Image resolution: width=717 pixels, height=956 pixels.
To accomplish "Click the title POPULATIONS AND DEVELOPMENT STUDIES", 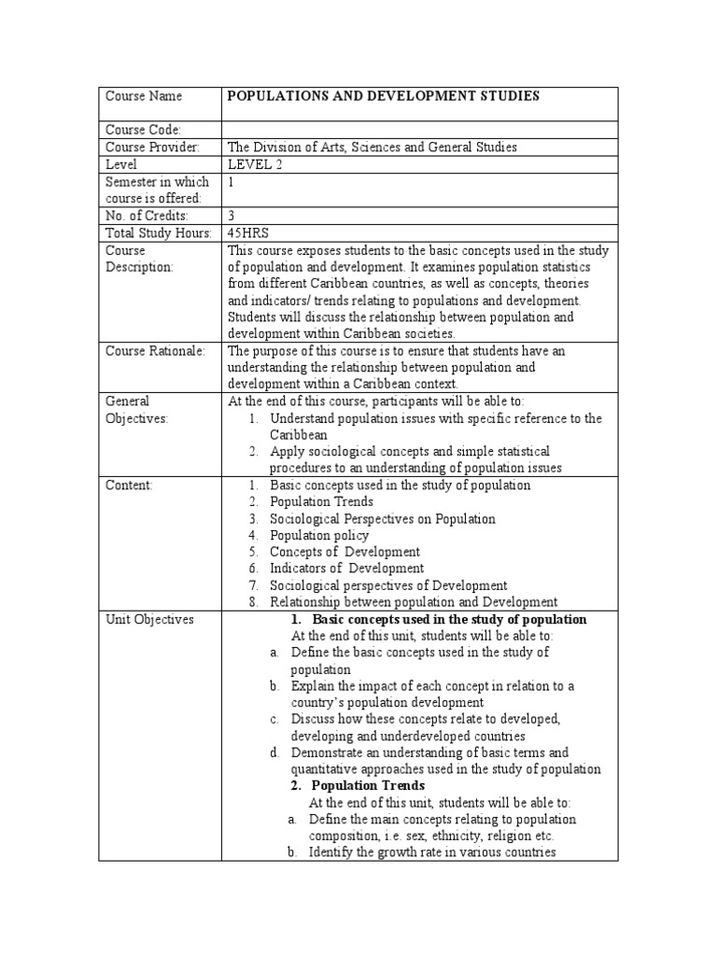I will (384, 96).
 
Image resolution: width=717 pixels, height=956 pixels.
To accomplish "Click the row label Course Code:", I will (143, 130).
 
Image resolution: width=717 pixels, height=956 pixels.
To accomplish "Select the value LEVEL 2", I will (254, 164).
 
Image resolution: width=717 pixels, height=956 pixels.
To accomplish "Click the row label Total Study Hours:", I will (158, 233).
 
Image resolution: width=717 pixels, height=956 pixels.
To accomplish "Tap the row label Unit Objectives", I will (149, 619).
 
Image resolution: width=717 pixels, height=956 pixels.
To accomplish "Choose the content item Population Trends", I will (321, 502).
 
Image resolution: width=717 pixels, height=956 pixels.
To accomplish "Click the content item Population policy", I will (319, 536).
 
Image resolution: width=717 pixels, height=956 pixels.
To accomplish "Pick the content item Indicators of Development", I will (346, 569).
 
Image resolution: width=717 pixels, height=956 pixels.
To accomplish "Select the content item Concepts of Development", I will (344, 552).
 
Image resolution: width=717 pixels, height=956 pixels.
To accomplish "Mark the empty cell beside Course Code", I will (418, 130).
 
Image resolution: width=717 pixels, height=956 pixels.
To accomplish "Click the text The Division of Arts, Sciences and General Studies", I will (373, 147).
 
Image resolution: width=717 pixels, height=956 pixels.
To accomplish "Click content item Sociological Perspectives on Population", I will (383, 519).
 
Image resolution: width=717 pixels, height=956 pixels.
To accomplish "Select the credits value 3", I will (232, 216).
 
